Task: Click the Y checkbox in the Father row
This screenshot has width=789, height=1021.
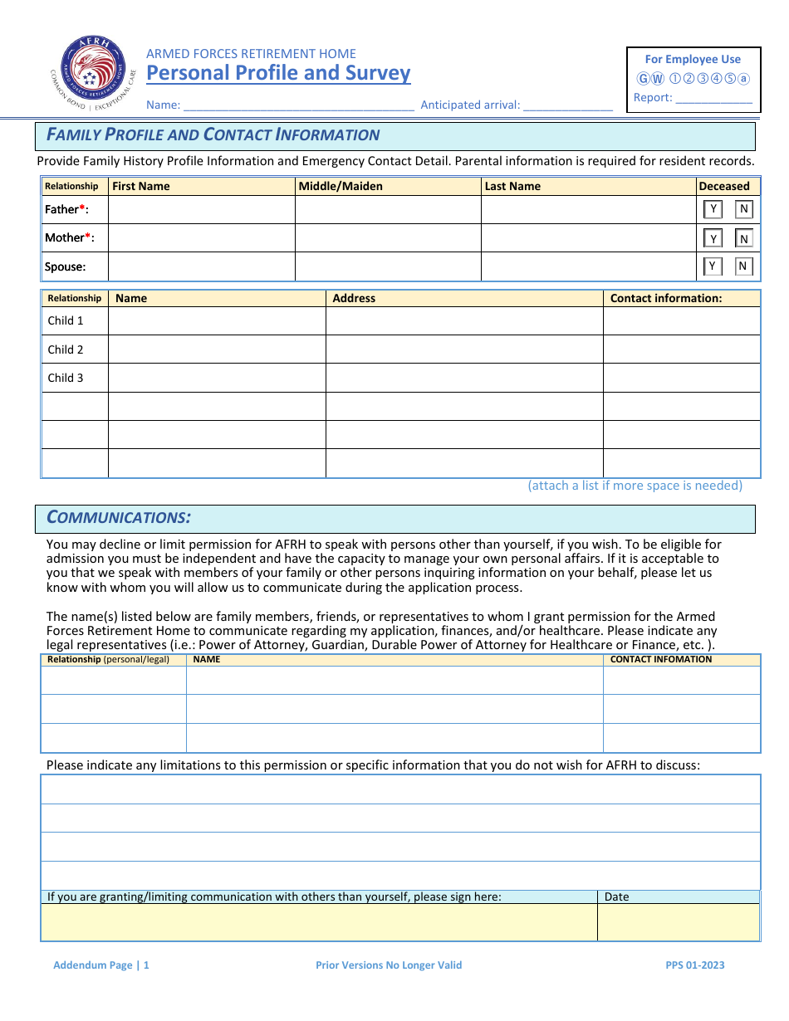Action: pos(713,210)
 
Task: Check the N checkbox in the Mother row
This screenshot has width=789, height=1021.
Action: pos(744,239)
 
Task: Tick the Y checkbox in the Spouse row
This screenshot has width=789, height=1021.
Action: pos(713,266)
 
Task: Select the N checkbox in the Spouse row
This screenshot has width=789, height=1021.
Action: pos(744,266)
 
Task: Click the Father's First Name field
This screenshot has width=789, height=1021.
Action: pos(201,210)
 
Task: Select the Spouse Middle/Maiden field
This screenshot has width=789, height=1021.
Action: pos(387,266)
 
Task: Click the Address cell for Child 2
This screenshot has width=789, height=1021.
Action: pos(463,349)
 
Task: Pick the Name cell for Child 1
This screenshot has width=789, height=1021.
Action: pos(216,321)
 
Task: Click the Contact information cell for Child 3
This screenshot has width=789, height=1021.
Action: pos(681,378)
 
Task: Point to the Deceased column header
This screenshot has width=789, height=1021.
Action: pos(724,186)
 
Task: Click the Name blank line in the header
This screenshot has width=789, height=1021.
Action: pos(298,105)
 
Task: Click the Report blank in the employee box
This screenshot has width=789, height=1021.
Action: pos(713,98)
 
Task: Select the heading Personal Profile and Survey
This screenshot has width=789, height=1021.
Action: pos(278,73)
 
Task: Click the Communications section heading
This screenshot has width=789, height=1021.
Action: pos(119,518)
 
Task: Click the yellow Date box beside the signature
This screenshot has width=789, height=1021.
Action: pos(678,922)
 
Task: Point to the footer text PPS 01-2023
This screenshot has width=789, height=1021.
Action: pos(694,965)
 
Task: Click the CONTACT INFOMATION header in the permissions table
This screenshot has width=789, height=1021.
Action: pos(661,660)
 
